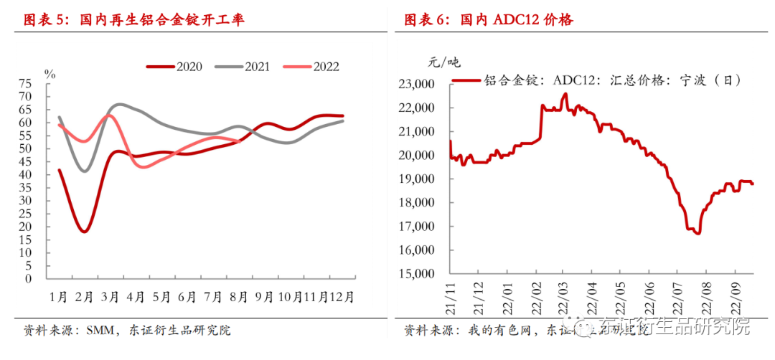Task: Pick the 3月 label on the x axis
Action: (111, 295)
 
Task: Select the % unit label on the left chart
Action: (50, 73)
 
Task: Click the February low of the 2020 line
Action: (85, 232)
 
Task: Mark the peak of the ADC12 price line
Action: (565, 94)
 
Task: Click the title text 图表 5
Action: (44, 19)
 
